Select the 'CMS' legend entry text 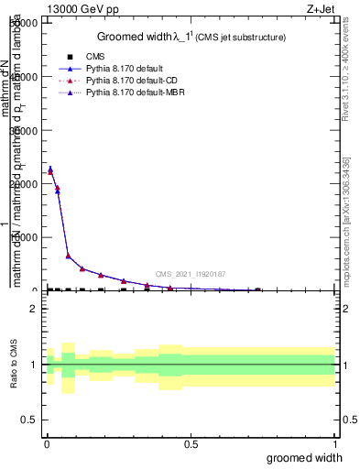(93, 57)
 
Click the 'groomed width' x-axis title (305, 457)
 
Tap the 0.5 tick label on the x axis (190, 444)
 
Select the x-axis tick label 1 (334, 444)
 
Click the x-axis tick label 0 (46, 444)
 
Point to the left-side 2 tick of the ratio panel (33, 309)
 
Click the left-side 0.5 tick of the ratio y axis (28, 419)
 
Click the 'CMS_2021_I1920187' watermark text (190, 274)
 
